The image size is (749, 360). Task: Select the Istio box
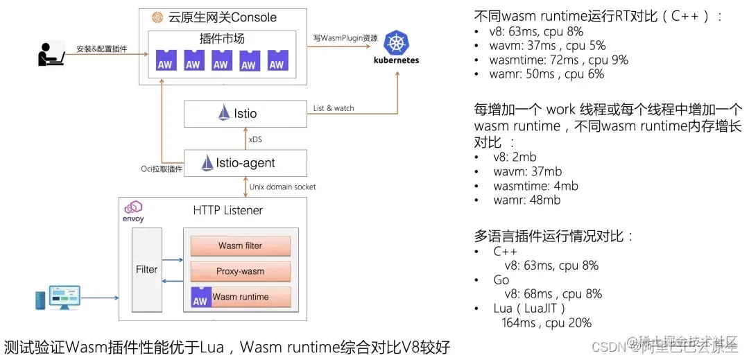point(245,113)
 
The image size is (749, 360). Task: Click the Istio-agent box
point(245,163)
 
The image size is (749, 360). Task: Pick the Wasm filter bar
point(240,246)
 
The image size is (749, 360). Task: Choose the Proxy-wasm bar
point(240,271)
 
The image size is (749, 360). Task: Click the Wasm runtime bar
point(240,297)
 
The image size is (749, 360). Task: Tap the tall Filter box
point(146,269)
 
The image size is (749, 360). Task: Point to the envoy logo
point(132,211)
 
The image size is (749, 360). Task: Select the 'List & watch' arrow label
point(334,108)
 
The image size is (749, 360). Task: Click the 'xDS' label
point(255,139)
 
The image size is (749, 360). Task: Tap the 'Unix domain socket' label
point(282,187)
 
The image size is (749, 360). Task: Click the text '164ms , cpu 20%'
point(546,323)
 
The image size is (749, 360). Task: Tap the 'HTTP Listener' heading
point(227,209)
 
